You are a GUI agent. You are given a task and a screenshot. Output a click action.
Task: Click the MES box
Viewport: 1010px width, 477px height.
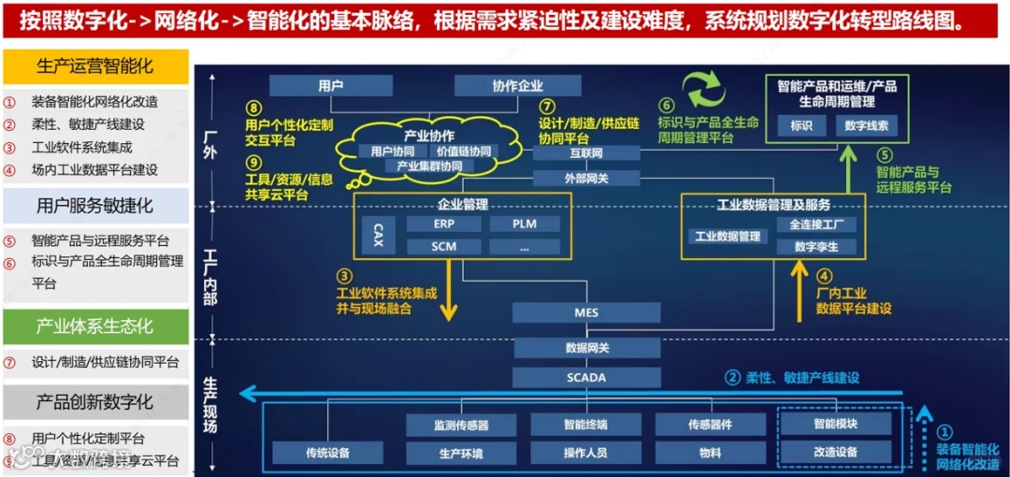click(586, 312)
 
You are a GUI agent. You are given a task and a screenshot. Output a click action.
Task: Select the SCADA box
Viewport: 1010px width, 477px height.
click(586, 378)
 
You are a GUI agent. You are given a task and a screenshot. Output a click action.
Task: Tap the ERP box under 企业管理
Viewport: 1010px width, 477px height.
click(443, 224)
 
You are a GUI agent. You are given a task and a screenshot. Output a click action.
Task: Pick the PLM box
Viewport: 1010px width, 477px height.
click(524, 224)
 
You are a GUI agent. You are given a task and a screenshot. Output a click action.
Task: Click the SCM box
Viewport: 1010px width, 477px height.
click(443, 247)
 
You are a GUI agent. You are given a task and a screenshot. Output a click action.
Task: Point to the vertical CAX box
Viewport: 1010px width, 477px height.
click(378, 234)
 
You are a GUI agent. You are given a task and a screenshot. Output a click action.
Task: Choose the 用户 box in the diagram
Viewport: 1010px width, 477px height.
click(330, 86)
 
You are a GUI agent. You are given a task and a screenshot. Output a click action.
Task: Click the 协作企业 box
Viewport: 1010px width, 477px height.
click(518, 86)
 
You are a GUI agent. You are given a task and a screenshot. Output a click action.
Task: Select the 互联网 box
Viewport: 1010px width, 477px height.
click(586, 152)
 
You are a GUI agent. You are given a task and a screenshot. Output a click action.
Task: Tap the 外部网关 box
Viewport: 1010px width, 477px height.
click(586, 177)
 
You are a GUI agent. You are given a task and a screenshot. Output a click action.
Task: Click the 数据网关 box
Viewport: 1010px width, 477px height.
click(586, 348)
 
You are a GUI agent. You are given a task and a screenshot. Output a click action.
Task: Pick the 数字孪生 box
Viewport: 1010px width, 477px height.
click(815, 247)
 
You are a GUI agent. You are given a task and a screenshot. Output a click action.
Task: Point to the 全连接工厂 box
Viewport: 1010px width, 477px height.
click(815, 224)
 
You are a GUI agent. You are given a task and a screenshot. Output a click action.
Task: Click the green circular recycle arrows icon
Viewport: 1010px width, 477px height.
click(702, 92)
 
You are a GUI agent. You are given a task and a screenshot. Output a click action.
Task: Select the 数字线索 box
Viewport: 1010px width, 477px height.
click(867, 124)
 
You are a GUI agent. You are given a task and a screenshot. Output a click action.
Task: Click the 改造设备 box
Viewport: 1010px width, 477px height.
click(835, 452)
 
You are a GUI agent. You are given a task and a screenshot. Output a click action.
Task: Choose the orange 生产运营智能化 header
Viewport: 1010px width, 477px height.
click(94, 66)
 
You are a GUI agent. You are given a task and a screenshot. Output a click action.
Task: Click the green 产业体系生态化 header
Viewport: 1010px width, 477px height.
click(94, 326)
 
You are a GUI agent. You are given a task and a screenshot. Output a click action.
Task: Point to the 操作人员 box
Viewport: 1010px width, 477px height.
click(586, 453)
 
